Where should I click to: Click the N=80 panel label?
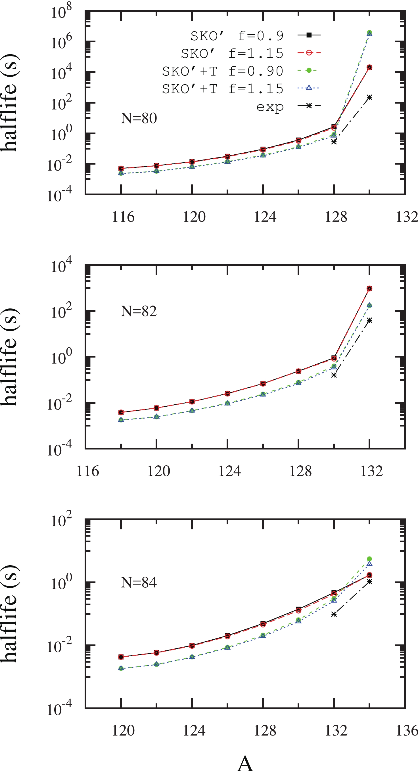pyautogui.click(x=139, y=118)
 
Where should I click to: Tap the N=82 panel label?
pyautogui.click(x=139, y=311)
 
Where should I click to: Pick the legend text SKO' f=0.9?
pyautogui.click(x=237, y=36)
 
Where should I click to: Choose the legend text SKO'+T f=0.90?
pyautogui.click(x=222, y=71)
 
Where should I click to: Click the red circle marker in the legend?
pyautogui.click(x=309, y=53)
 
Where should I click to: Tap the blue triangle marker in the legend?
pyautogui.click(x=309, y=88)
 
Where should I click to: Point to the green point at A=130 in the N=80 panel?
pyautogui.click(x=369, y=32)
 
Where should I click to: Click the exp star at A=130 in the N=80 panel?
pyautogui.click(x=369, y=97)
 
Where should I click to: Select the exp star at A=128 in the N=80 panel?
pyautogui.click(x=334, y=142)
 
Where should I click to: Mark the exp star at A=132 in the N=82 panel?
pyautogui.click(x=369, y=320)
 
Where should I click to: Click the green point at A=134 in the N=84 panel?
pyautogui.click(x=369, y=559)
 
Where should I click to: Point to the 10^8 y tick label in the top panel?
pyautogui.click(x=61, y=12)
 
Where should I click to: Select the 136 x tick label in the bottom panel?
pyautogui.click(x=407, y=731)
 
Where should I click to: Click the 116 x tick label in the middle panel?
pyautogui.click(x=88, y=471)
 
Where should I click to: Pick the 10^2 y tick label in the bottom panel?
pyautogui.click(x=61, y=520)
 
